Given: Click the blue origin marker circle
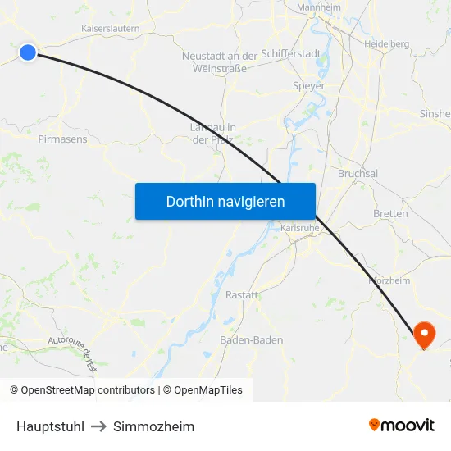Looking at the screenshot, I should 28,52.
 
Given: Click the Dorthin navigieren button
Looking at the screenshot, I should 225,201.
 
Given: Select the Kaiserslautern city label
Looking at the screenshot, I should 111,28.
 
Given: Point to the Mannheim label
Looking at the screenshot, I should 318,7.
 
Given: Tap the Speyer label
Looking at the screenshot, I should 309,85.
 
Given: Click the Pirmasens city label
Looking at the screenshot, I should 62,139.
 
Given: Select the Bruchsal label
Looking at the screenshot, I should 358,174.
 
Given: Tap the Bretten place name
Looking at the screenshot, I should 390,213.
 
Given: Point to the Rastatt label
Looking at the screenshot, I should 242,295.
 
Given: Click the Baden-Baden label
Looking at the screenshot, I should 252,340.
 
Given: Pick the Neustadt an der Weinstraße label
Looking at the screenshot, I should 220,62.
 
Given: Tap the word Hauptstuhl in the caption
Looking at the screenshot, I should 50,426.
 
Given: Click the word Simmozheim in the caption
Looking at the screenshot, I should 154,426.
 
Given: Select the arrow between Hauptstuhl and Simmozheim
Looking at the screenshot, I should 98,426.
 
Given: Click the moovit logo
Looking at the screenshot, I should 402,425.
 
